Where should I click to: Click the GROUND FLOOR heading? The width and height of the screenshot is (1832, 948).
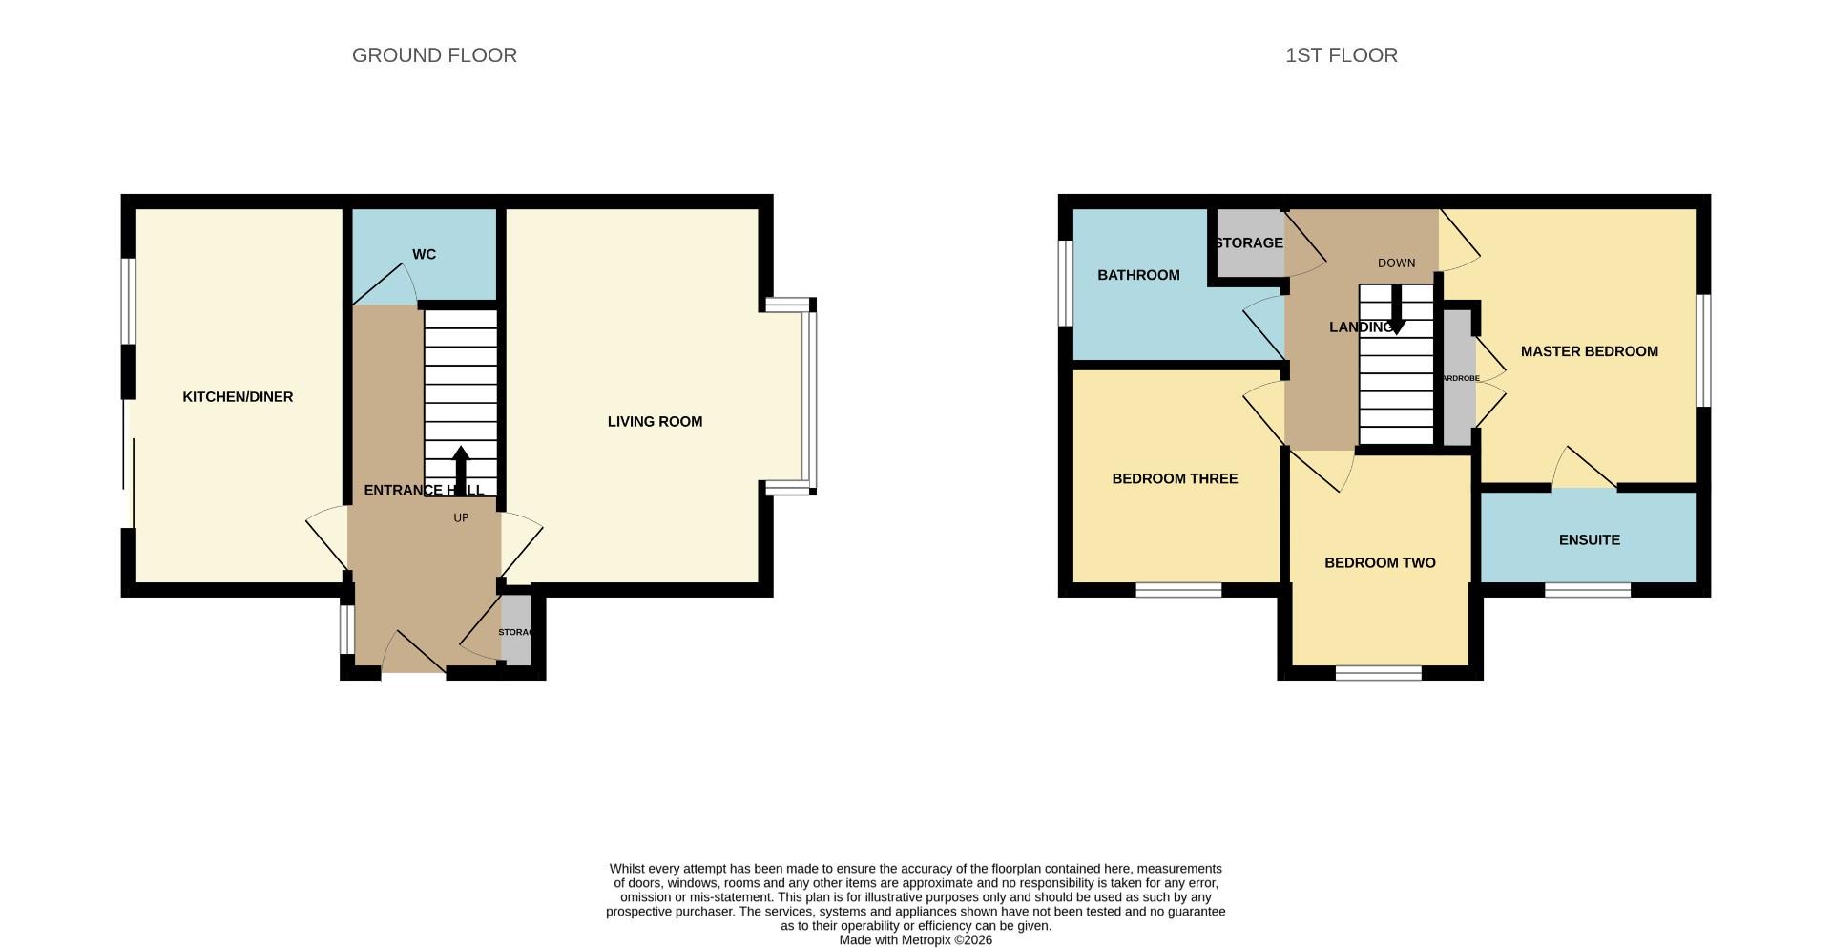click(434, 55)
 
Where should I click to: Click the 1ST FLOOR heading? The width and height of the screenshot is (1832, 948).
click(1341, 55)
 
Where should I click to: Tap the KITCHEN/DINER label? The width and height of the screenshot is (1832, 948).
click(238, 397)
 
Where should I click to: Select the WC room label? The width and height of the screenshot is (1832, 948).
click(424, 254)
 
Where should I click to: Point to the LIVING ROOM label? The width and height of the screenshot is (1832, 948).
click(655, 421)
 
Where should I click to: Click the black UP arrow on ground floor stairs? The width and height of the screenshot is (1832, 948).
click(461, 467)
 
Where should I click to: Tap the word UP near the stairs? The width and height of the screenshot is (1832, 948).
click(461, 518)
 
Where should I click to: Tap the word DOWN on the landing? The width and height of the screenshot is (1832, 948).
click(1396, 263)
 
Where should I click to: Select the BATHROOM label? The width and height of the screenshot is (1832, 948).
click(1138, 275)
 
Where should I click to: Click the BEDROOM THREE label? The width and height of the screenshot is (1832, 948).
click(1175, 478)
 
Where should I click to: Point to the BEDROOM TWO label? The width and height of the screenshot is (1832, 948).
click(1380, 563)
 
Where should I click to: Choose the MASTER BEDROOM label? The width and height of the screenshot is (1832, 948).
click(1589, 351)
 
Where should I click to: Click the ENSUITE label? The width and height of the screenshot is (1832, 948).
click(1589, 540)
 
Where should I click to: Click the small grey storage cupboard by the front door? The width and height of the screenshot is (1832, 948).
click(515, 631)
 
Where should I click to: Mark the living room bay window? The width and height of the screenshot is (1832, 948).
click(809, 396)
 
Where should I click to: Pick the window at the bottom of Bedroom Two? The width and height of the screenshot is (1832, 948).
click(1378, 673)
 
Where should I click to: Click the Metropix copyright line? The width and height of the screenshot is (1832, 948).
click(915, 940)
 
